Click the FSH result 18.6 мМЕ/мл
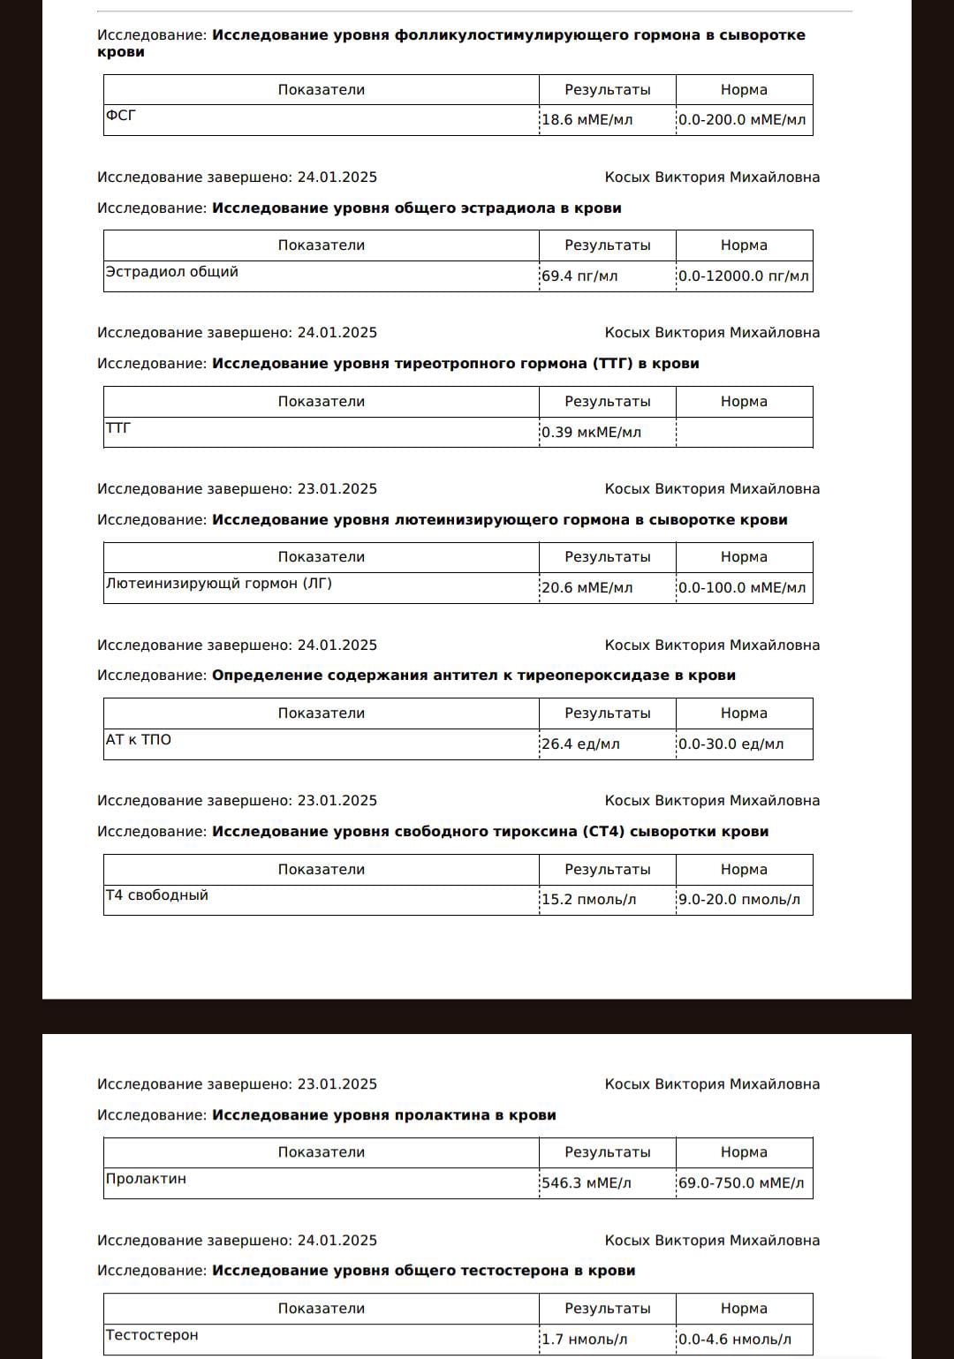coord(587,120)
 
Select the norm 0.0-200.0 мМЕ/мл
coord(742,120)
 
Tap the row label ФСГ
coord(121,116)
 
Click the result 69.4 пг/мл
coord(579,276)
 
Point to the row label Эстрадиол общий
coord(172,272)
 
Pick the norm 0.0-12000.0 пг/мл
coord(743,276)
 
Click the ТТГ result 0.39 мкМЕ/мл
coord(591,433)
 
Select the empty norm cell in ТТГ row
coord(744,433)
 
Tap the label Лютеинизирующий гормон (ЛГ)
coord(219,584)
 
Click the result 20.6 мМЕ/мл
coord(587,588)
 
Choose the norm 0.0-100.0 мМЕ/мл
coord(742,588)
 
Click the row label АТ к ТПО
coord(139,740)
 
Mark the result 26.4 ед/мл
coord(580,744)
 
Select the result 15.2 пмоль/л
coord(588,900)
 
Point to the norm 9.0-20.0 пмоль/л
coord(739,900)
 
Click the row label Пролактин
coord(146,1179)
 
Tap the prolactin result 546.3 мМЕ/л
coord(587,1183)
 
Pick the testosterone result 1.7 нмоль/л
coord(584,1340)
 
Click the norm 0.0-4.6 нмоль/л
coord(735,1340)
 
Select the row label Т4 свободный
coord(157,895)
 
